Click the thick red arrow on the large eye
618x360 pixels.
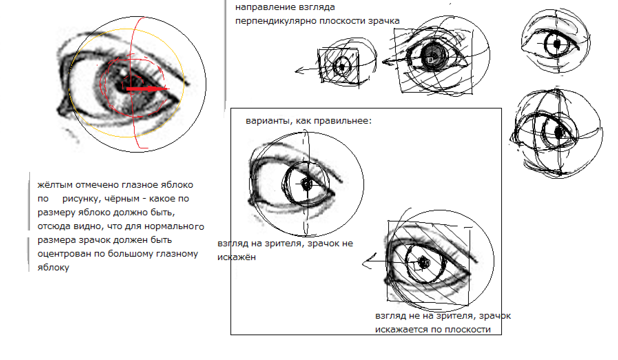147,89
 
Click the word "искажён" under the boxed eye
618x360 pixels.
237,257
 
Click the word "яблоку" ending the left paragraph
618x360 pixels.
53,268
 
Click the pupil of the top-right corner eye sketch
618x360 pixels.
557,44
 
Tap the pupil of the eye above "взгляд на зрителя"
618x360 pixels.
306,184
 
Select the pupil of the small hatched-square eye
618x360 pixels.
342,67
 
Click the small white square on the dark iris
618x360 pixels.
430,60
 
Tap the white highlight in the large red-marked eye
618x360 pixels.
123,72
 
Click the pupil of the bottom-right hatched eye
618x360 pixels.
424,263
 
